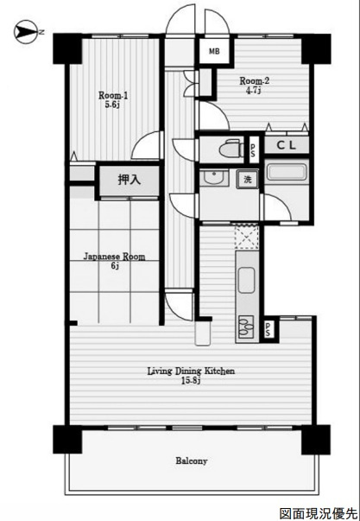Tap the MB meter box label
click(x=214, y=52)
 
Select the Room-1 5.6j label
click(x=113, y=99)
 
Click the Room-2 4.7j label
click(x=254, y=85)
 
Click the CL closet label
click(x=287, y=145)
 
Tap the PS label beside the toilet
click(x=254, y=149)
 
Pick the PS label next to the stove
click(x=268, y=329)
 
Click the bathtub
click(x=287, y=173)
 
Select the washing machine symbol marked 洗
click(x=248, y=180)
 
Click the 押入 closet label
click(x=129, y=180)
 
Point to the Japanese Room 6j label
click(x=114, y=261)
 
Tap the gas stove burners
click(x=246, y=327)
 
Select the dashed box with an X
click(x=246, y=237)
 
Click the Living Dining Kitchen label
click(x=191, y=371)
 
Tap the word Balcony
click(x=192, y=461)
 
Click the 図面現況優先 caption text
click(x=318, y=513)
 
